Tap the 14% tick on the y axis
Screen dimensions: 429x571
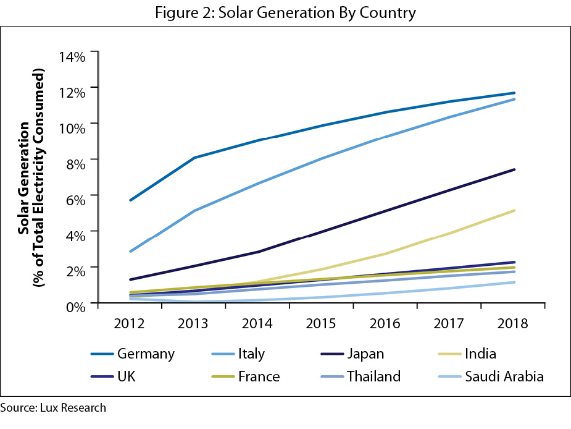pyautogui.click(x=72, y=56)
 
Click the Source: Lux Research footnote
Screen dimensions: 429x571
pyautogui.click(x=53, y=408)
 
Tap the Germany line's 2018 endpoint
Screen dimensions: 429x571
pyautogui.click(x=514, y=93)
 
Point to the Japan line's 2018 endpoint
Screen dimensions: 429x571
pyautogui.click(x=514, y=169)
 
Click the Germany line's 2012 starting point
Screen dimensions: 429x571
pyautogui.click(x=130, y=200)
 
